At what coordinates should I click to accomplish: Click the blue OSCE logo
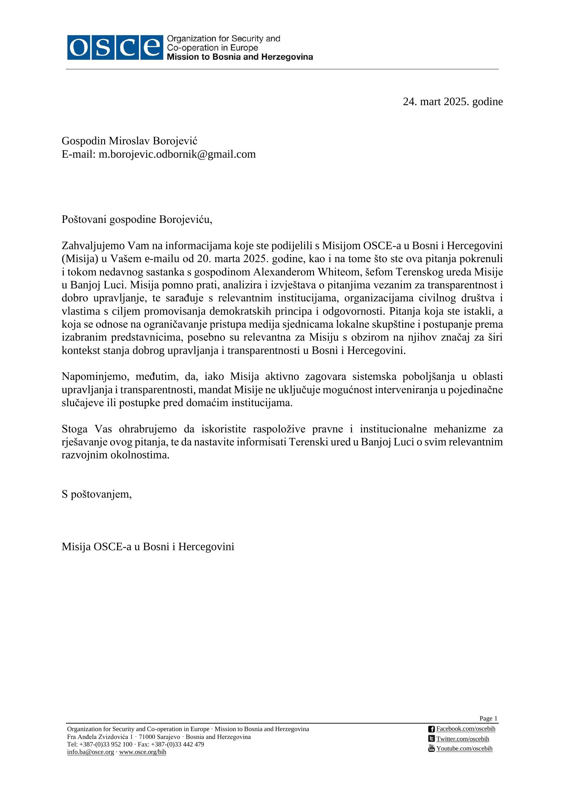tap(115, 47)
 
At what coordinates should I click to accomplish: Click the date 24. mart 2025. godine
tap(453, 102)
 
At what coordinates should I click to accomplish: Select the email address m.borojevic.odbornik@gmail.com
tap(177, 154)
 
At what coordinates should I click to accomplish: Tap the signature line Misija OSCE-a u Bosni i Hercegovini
tap(148, 546)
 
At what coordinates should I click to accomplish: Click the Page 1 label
tap(488, 718)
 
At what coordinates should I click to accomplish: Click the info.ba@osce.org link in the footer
tap(90, 752)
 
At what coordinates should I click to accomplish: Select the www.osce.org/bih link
tap(143, 752)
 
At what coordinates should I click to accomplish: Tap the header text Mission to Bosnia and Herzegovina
tap(240, 57)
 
